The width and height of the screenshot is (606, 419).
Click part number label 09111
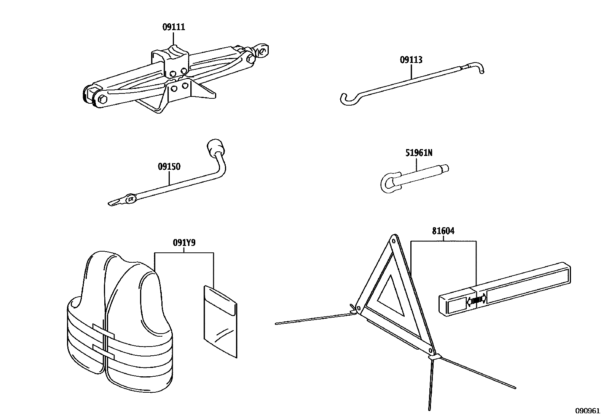point(174,27)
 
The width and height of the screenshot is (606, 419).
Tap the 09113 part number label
point(411,60)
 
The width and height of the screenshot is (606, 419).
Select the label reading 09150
point(169,167)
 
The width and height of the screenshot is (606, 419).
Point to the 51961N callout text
point(419,153)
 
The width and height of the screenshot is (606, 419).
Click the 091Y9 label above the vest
point(184,243)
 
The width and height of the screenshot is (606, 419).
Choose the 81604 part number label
point(443,231)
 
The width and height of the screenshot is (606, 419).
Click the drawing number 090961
point(587,411)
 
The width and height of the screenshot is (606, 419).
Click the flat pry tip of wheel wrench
point(114,202)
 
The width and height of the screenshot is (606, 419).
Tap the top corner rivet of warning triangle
point(394,241)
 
